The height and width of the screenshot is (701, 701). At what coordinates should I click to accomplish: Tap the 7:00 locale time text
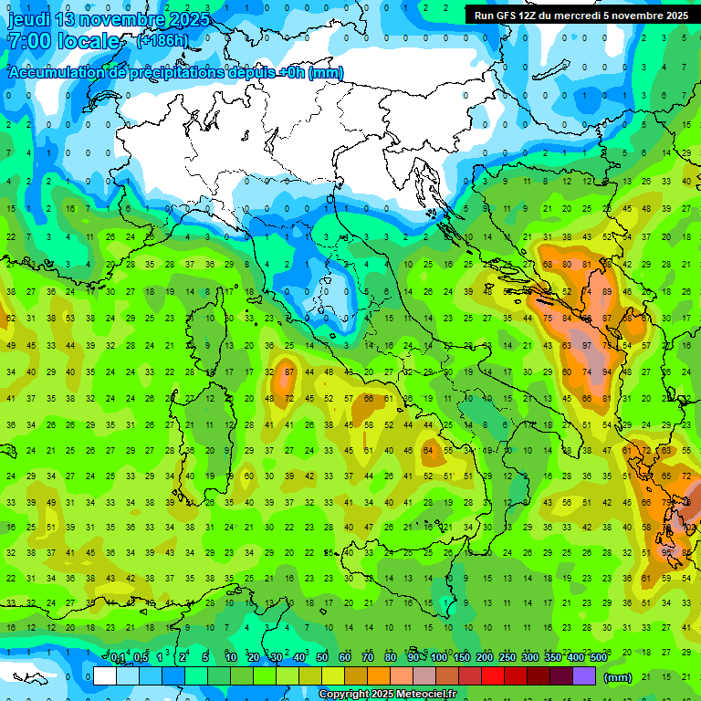coord(64,42)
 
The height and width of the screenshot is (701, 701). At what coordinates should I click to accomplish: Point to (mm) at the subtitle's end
coord(326,73)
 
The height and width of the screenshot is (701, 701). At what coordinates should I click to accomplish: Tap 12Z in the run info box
coord(534,16)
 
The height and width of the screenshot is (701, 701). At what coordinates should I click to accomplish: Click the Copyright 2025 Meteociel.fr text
coord(386,695)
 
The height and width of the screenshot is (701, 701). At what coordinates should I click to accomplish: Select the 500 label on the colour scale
coord(598,658)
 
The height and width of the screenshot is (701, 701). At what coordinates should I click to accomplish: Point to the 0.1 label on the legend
coord(118,658)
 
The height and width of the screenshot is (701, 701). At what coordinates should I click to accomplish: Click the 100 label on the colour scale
coord(439,658)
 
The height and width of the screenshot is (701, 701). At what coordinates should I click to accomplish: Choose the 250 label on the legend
coord(507,658)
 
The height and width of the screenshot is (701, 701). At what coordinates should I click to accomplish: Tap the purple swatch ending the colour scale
coord(584,676)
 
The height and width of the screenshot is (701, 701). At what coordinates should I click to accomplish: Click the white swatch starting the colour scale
coord(105,676)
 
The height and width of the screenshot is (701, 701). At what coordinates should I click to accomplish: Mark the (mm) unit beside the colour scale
coord(618,677)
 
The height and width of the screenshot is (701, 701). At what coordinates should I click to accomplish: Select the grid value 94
coord(606,371)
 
